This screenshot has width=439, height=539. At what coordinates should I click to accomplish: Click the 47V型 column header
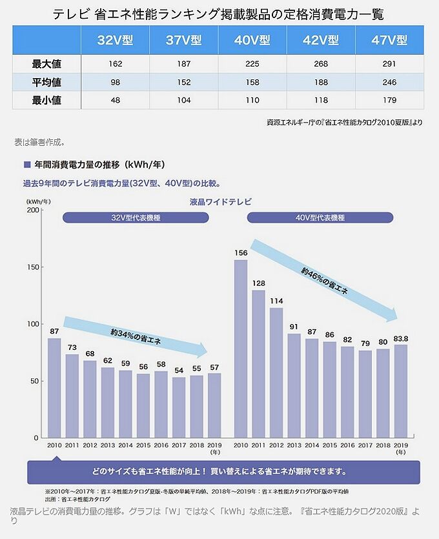[389, 40]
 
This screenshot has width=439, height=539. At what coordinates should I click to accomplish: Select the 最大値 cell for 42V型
[320, 64]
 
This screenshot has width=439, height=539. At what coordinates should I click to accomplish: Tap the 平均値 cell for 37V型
[183, 83]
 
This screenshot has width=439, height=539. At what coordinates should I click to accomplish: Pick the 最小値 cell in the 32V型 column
[115, 101]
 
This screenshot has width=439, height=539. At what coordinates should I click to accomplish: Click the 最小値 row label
[46, 101]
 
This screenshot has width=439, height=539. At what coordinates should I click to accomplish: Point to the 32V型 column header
[115, 40]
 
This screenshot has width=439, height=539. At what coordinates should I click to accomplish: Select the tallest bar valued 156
[240, 349]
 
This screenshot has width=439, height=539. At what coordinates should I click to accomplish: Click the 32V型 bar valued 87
[54, 387]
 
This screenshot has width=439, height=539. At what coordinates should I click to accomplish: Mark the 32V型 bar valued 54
[179, 407]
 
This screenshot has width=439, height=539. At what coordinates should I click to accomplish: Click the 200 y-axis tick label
[34, 210]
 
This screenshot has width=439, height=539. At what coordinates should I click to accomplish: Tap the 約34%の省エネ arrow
[136, 335]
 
